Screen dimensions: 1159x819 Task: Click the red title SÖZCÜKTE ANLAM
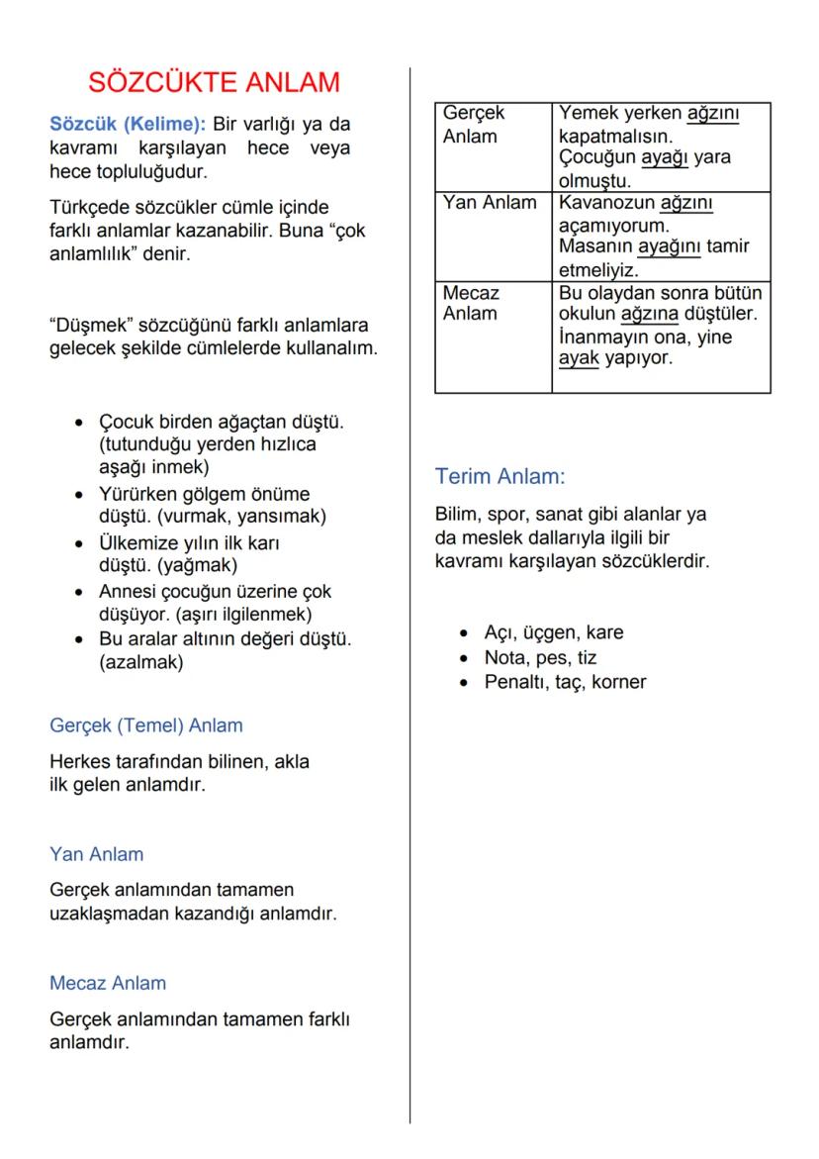(214, 82)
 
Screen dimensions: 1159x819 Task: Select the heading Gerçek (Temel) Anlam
(145, 725)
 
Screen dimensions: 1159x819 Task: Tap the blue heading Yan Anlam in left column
(96, 854)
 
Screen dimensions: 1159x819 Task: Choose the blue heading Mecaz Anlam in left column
(108, 983)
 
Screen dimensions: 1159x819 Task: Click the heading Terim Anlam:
(500, 477)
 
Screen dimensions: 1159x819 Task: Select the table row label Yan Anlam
(490, 203)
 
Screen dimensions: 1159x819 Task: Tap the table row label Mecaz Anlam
(471, 303)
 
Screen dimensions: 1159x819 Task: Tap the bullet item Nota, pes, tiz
(540, 657)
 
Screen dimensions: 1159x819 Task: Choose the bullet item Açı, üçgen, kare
(553, 632)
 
